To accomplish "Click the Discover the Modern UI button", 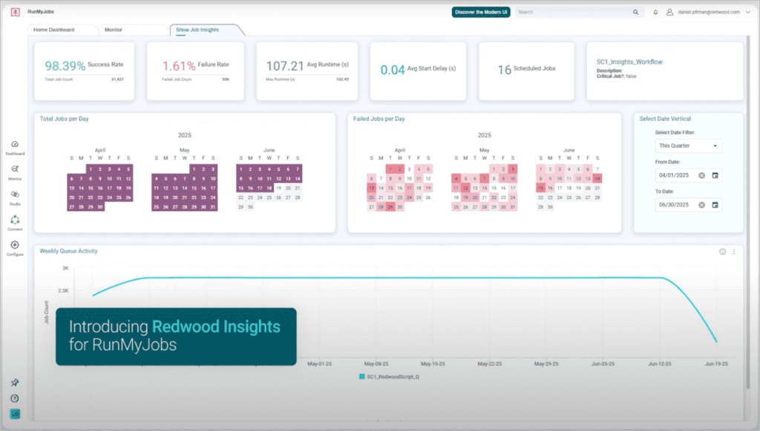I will pyautogui.click(x=481, y=12).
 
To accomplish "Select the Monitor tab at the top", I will pyautogui.click(x=114, y=30).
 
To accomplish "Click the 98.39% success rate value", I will pyautogui.click(x=65, y=66).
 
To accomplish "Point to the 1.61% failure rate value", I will pyautogui.click(x=179, y=66).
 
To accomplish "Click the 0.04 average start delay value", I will pyautogui.click(x=393, y=70).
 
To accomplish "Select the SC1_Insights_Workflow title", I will pyautogui.click(x=629, y=62).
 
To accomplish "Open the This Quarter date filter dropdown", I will pyautogui.click(x=688, y=146).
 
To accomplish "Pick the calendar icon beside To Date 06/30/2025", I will pyautogui.click(x=715, y=204).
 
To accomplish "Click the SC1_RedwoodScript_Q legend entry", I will pyautogui.click(x=390, y=377).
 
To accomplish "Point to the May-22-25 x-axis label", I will pyautogui.click(x=490, y=364).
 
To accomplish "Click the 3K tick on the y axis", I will pyautogui.click(x=65, y=268).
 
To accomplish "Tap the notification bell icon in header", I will pyautogui.click(x=655, y=12).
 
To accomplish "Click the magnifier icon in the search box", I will pyautogui.click(x=635, y=12).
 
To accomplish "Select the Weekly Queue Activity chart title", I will pyautogui.click(x=68, y=251).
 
